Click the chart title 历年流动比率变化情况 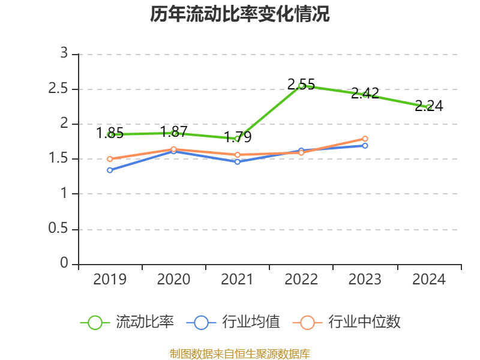[240, 14]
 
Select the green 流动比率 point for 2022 [301, 86]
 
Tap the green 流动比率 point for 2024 [428, 107]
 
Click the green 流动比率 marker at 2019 [110, 134]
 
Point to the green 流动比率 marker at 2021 [238, 139]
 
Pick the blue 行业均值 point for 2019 [110, 170]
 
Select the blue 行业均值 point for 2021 [238, 162]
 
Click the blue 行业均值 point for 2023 [365, 146]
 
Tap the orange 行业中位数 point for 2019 [110, 159]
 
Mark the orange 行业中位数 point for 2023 [365, 139]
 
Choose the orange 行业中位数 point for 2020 [174, 149]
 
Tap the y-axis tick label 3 [64, 54]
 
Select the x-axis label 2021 [238, 280]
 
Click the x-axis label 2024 [428, 280]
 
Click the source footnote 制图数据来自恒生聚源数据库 [240, 353]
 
